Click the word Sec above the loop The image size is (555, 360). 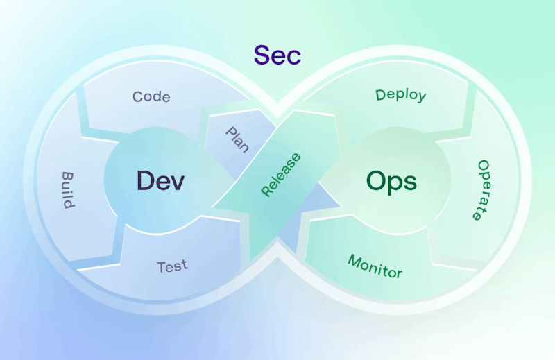point(277,55)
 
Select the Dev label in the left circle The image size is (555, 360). point(160,181)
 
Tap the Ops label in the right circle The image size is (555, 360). point(391,182)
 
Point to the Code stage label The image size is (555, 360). point(151,96)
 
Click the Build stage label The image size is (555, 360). point(68,190)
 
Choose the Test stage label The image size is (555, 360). point(172,266)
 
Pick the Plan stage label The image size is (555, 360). point(237,140)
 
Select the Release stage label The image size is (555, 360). point(280,175)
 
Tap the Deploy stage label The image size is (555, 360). point(401,95)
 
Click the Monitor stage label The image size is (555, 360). point(375,266)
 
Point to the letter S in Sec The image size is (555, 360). point(261,55)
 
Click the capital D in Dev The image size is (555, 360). point(146,180)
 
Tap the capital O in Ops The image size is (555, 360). point(376,180)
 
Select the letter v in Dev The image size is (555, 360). point(178,183)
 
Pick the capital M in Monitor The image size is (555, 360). point(355,261)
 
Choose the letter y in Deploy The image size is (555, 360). point(422,96)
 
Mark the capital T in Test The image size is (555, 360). point(162,268)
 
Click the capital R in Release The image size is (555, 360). point(266,191)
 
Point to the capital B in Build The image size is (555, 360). point(68,176)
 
